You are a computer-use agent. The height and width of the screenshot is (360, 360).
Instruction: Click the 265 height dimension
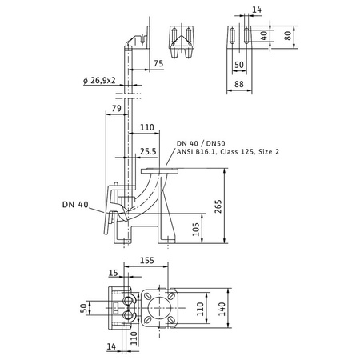[x=218, y=206]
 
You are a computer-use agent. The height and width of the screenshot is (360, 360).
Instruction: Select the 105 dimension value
[x=196, y=229]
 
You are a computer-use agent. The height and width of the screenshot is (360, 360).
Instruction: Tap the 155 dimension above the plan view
[x=147, y=260]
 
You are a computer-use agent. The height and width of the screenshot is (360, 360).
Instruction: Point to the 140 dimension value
[x=222, y=309]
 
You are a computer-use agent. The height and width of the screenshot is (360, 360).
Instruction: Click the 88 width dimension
[x=239, y=84]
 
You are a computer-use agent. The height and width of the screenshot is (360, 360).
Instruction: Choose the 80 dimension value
[x=288, y=36]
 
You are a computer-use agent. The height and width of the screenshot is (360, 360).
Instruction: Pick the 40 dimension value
[x=264, y=35]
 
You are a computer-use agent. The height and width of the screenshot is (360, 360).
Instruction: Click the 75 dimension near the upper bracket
[x=158, y=63]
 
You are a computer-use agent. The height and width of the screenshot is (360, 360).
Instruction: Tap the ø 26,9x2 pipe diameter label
[x=99, y=80]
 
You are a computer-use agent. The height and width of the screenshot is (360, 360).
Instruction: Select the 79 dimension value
[x=117, y=108]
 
